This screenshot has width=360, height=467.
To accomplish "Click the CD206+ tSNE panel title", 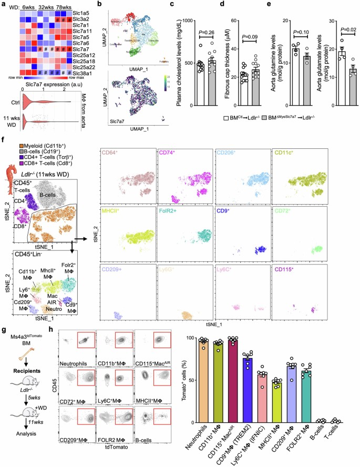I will (227, 153).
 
